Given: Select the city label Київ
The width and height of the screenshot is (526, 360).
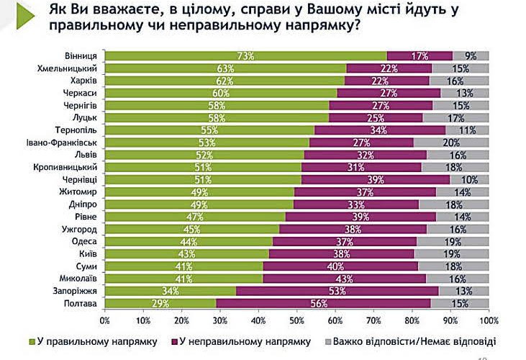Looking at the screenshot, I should tap(89, 254).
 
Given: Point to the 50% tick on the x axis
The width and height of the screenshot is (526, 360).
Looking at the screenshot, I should tap(296, 319).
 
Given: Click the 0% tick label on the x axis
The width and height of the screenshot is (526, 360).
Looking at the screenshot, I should tap(105, 319).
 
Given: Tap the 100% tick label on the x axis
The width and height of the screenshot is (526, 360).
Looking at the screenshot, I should tap(488, 319).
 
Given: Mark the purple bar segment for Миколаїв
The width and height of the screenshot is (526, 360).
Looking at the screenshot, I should tap(344, 279).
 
